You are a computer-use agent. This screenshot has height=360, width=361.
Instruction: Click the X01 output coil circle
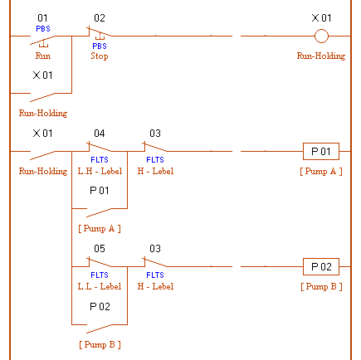321,36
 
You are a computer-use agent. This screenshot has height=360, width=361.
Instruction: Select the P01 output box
321,151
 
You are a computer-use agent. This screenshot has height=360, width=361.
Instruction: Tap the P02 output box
321,266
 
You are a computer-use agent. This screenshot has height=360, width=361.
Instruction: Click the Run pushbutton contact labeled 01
42,40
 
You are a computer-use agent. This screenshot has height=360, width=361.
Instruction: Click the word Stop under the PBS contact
100,56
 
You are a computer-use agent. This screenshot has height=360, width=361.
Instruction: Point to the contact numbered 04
100,147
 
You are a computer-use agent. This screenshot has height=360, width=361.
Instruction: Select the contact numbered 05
100,262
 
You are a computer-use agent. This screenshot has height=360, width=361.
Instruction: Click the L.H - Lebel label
100,171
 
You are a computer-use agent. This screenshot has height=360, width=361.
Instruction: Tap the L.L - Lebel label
100,286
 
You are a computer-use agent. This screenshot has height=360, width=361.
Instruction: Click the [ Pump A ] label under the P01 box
321,172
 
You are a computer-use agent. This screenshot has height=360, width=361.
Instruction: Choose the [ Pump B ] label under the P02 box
321,287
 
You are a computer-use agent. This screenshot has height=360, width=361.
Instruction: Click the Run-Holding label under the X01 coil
321,56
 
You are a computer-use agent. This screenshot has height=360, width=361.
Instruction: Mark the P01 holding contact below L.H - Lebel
99,212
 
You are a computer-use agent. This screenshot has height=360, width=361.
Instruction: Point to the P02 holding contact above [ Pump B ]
99,328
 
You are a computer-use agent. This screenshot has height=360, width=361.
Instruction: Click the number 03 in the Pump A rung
155,134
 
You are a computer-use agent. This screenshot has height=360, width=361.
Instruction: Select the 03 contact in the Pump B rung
155,262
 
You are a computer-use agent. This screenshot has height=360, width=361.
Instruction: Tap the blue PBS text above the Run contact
43,29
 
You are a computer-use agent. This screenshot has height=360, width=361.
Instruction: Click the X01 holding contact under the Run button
42,97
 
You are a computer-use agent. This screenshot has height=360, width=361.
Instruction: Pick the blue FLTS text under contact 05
100,275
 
